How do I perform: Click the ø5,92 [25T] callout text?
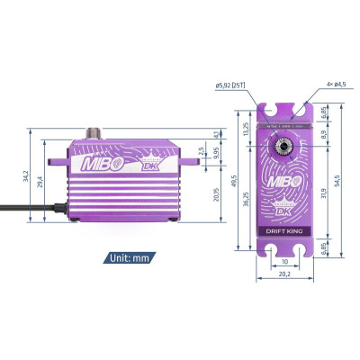coord(232,86)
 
